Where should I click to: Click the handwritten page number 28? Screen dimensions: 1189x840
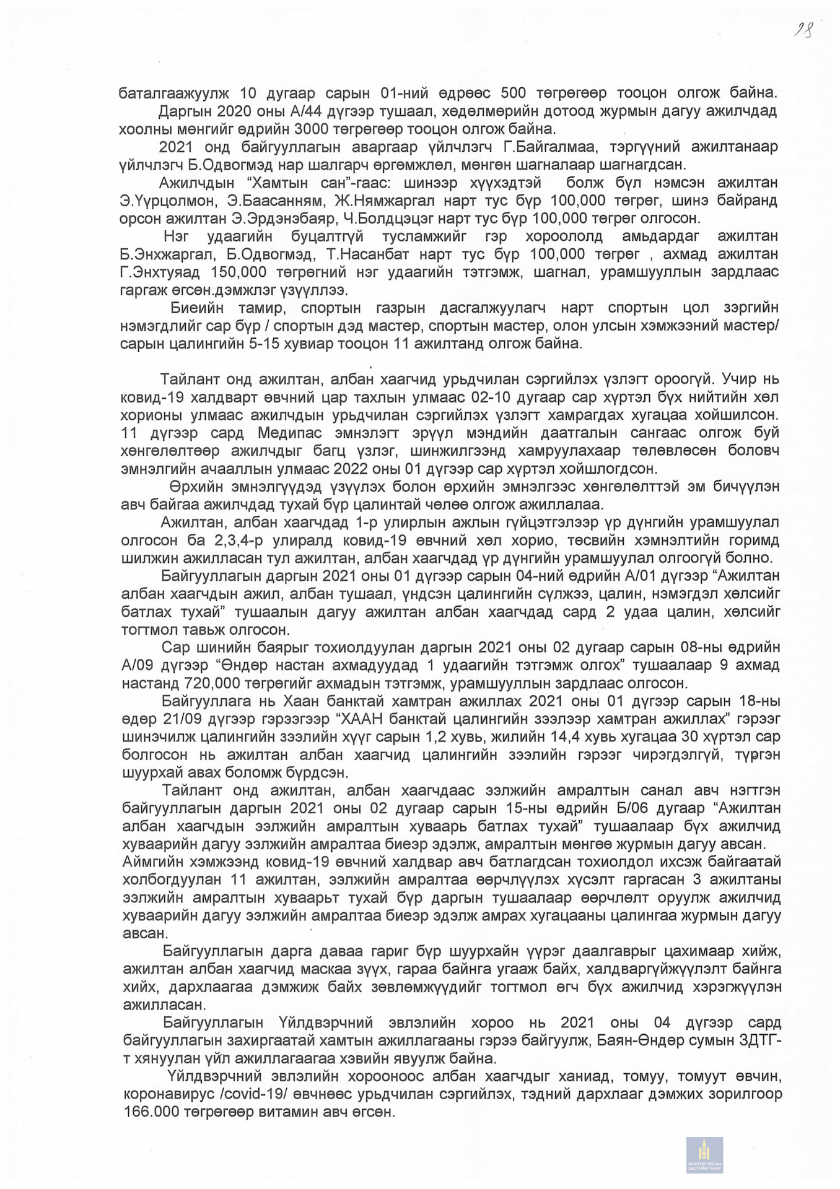(803, 30)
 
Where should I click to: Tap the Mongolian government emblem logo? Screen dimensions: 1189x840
(704, 1155)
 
